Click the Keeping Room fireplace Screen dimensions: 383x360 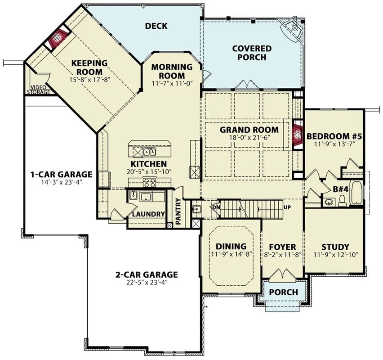[58, 38]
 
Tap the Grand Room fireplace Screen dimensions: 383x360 [298, 135]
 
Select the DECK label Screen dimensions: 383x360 [156, 26]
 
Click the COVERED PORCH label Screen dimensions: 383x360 [252, 53]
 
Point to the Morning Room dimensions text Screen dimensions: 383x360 [173, 84]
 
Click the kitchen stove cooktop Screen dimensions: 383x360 [150, 182]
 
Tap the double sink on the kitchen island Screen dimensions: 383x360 [150, 152]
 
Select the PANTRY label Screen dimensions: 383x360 [178, 211]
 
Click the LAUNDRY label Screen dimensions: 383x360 [148, 214]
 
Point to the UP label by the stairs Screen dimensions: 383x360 [287, 207]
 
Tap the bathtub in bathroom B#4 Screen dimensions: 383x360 [357, 193]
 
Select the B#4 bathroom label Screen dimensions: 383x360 [341, 189]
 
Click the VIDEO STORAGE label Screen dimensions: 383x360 [39, 90]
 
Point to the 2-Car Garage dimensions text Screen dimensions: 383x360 [147, 283]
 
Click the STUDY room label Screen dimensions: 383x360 [335, 247]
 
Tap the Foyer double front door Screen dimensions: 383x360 [283, 274]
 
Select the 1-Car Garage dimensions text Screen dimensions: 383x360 [61, 182]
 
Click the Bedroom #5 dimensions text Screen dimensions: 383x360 [334, 144]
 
